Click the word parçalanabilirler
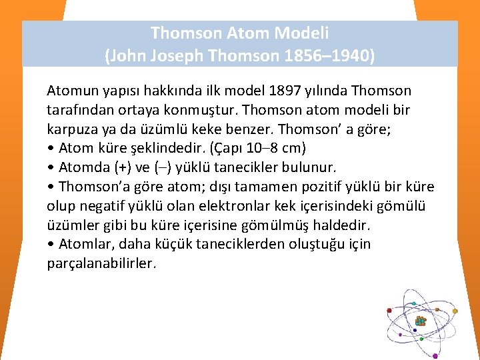click(101, 263)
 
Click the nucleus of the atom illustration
click(419, 321)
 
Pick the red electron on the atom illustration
click(389, 310)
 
